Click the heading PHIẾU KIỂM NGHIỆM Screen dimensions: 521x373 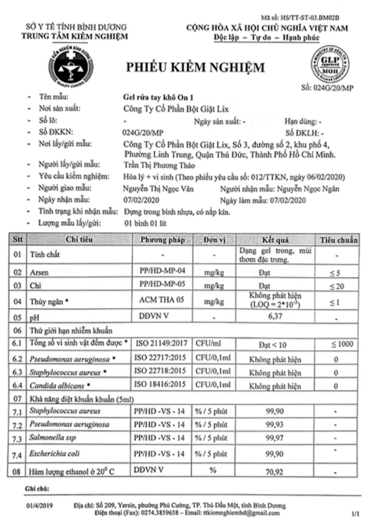[x=195, y=67]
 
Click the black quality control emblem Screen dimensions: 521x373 [x=71, y=66]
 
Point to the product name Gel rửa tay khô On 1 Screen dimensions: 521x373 [x=158, y=97]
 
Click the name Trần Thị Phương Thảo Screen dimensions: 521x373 [x=159, y=165]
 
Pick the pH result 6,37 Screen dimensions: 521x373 [x=275, y=316]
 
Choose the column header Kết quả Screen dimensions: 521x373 [x=275, y=240]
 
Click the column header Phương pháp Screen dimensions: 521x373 [x=162, y=240]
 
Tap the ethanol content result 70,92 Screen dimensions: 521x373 [x=274, y=472]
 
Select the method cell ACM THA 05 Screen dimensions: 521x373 [x=162, y=300]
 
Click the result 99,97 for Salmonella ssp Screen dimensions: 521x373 [x=275, y=438]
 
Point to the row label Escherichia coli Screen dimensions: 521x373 [x=54, y=454]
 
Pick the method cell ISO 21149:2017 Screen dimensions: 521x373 [x=161, y=343]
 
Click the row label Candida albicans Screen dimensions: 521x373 [x=57, y=385]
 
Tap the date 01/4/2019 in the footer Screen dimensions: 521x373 [x=39, y=506]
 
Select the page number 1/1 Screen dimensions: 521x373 [x=355, y=514]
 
